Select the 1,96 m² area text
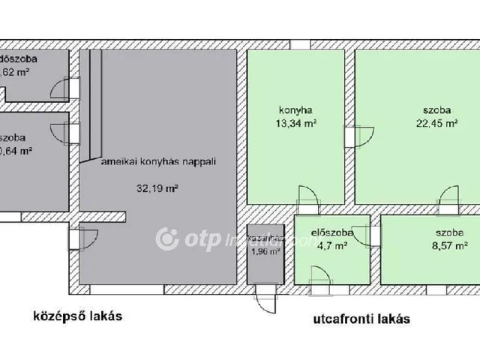pyautogui.click(x=264, y=251)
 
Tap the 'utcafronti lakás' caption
pyautogui.click(x=361, y=318)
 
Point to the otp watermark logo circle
pyautogui.click(x=167, y=239)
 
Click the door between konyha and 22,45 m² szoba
pyautogui.click(x=353, y=137)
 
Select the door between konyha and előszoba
pyautogui.click(x=307, y=202)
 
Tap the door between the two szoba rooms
pyautogui.click(x=449, y=201)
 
